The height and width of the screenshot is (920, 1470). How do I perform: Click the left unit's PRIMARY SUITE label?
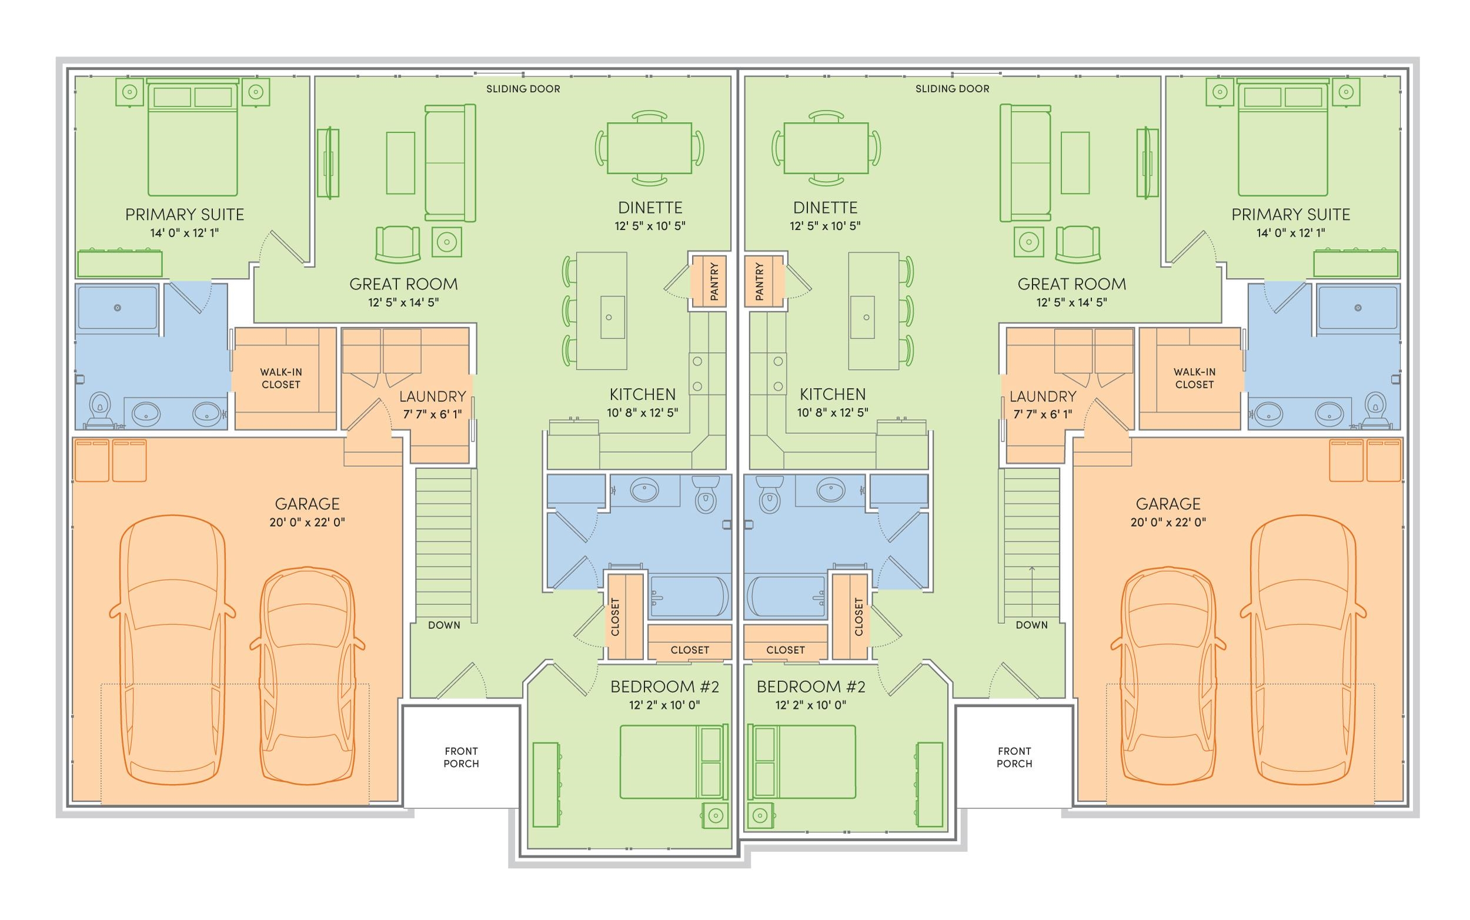185,214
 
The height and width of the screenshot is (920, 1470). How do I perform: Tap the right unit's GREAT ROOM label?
1071,284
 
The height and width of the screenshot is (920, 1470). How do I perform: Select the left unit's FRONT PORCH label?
461,758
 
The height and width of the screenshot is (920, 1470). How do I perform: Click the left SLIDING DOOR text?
523,89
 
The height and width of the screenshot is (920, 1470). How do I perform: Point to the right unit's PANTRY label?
759,281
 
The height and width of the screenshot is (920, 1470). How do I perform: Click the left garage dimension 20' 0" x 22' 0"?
308,522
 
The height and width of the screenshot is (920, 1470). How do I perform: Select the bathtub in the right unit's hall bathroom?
786,596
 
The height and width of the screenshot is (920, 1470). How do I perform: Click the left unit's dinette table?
649,148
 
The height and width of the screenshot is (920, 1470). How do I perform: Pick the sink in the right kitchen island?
862,317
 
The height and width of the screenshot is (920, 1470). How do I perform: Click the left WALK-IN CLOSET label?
280,378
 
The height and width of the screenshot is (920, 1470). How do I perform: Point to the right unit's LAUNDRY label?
1043,397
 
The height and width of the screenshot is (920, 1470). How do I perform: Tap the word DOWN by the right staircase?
1032,625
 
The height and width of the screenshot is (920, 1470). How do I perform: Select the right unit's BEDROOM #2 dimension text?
810,705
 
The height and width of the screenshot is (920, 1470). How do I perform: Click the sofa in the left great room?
450,163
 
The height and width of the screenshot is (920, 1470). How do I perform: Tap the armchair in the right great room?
1078,245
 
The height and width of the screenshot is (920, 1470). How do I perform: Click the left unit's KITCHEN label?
643,394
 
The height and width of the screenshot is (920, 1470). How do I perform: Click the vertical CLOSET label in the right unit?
858,617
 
